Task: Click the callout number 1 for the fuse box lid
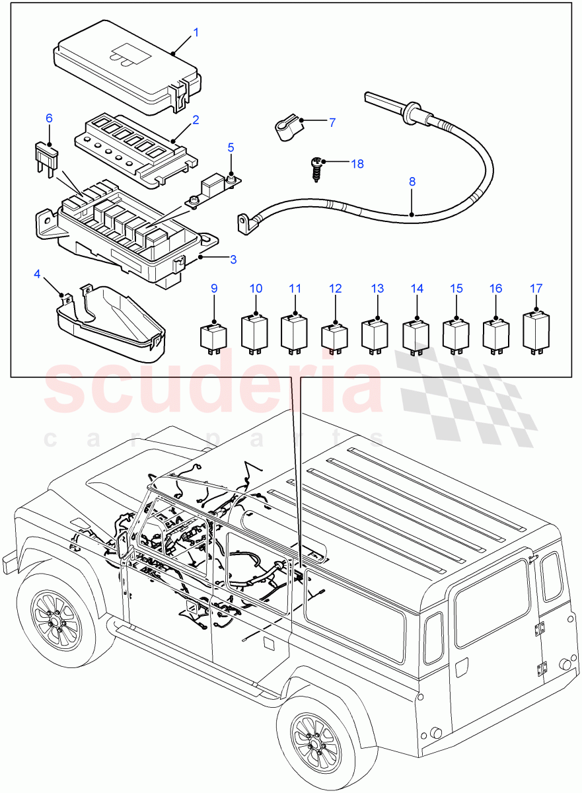coord(196,32)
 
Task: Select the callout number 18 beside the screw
coord(357,163)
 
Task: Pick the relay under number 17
coord(536,328)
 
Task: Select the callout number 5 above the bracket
coord(231,147)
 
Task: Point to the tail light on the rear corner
coord(433,638)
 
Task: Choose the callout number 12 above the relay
coord(336,289)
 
